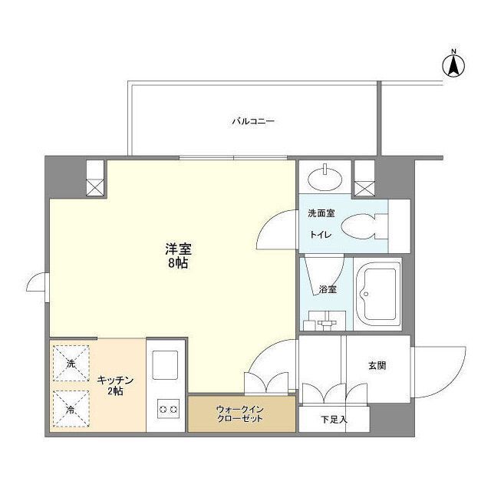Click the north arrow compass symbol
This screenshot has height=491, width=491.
pyautogui.click(x=453, y=64)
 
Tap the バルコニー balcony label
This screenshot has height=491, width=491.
pyautogui.click(x=253, y=121)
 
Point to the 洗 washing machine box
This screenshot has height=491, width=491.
pyautogui.click(x=71, y=363)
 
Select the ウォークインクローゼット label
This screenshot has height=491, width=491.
pyautogui.click(x=240, y=414)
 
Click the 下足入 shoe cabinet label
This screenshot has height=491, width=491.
pyautogui.click(x=334, y=419)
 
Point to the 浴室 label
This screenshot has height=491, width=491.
pyautogui.click(x=328, y=289)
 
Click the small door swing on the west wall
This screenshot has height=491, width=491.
pyautogui.click(x=37, y=285)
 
